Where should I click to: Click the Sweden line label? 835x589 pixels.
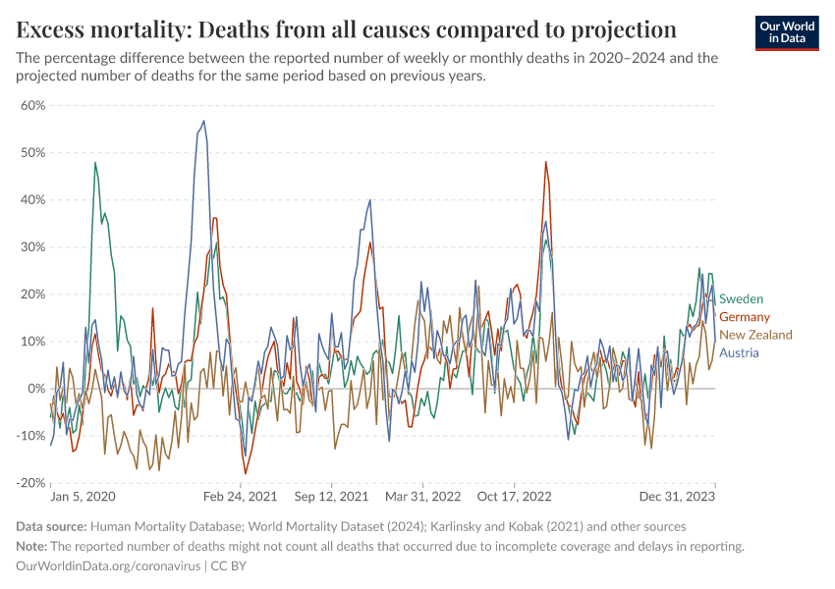[x=741, y=298]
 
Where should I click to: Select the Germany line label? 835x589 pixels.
[x=744, y=317]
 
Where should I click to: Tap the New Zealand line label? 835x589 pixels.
[x=755, y=335]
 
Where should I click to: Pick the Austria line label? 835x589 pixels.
[x=739, y=352]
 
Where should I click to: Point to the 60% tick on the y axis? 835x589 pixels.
[x=32, y=105]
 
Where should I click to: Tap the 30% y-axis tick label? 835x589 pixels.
[x=32, y=247]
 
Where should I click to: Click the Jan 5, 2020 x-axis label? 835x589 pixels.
[x=83, y=499]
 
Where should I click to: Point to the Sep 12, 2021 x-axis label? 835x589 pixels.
[x=331, y=499]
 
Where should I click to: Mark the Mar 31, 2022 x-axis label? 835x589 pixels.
[x=423, y=499]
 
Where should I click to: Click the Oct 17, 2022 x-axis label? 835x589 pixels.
[x=514, y=499]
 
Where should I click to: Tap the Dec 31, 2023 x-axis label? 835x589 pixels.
[x=682, y=499]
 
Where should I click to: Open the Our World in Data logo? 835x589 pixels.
[x=786, y=32]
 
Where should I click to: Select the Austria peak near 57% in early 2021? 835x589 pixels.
[x=203, y=121]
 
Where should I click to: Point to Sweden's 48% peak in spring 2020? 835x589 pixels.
[x=95, y=162]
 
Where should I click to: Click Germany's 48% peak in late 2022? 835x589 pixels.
[x=545, y=162]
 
